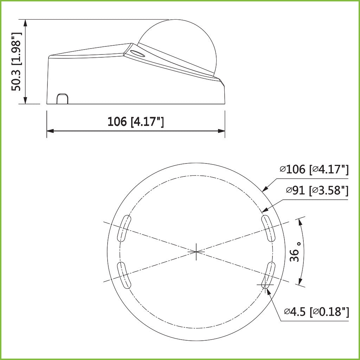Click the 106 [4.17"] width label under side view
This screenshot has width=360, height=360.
pos(136,122)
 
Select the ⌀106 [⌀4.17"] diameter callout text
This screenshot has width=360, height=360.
pos(314,170)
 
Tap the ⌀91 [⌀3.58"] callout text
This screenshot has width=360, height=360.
pos(317,191)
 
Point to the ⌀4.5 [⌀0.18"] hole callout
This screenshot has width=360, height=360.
pos(316,311)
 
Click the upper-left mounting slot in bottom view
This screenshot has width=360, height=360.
pos(124,229)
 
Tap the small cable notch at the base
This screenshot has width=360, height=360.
pos(63,99)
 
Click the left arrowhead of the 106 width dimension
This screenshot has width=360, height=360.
pos(50,131)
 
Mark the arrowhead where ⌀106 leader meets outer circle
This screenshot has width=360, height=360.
pos(265,189)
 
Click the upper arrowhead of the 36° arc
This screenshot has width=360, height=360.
pos(299,220)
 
